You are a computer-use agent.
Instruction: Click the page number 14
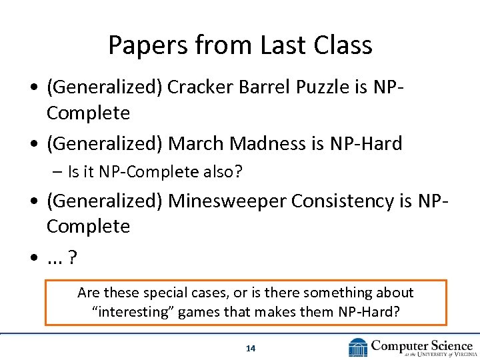coord(251,348)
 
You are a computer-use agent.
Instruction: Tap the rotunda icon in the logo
coord(359,347)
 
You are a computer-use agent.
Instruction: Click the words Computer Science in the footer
coord(421,345)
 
